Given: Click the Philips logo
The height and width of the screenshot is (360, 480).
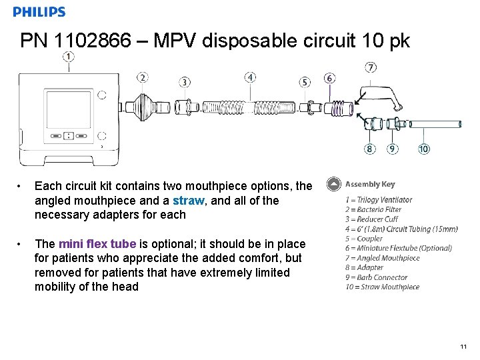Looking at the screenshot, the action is tap(39, 12).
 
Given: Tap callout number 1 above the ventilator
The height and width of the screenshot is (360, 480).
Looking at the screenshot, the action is tap(68, 57).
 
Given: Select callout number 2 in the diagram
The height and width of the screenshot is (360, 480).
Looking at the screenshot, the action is tap(143, 78).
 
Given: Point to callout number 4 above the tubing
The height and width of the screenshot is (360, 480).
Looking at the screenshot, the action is tap(250, 77).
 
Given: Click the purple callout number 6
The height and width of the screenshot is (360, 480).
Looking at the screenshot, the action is tap(330, 78).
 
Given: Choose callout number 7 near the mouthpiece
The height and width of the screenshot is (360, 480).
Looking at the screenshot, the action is tap(371, 67).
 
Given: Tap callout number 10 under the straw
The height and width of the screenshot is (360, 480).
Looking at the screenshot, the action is tap(424, 149).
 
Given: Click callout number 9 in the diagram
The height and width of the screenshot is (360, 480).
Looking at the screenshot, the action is tap(393, 149).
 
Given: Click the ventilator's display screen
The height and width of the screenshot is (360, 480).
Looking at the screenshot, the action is tap(68, 109).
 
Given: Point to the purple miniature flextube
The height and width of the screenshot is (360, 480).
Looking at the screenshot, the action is tap(343, 107).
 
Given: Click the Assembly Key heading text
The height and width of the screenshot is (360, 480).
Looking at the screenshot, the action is tap(370, 185).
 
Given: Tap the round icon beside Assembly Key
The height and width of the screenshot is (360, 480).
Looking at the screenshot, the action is tap(333, 185).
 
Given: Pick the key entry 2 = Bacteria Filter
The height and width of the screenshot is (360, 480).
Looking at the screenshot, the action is tap(373, 209).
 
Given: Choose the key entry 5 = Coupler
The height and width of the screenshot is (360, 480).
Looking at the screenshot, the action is tap(364, 239).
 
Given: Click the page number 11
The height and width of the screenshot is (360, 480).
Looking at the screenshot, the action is tap(463, 347).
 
